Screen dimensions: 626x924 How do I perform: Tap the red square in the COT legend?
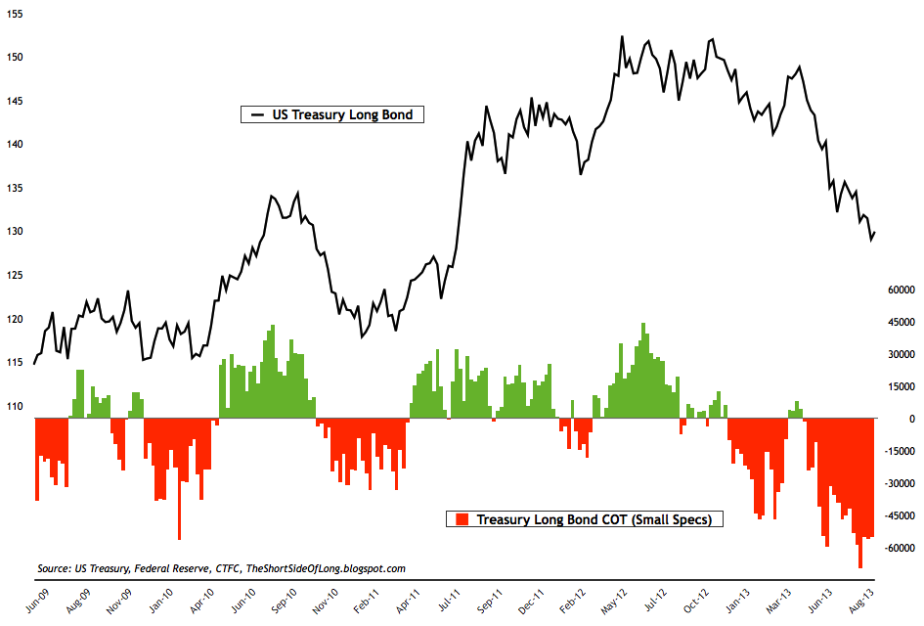coord(462,519)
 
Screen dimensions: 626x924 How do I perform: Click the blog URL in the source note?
coord(326,568)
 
